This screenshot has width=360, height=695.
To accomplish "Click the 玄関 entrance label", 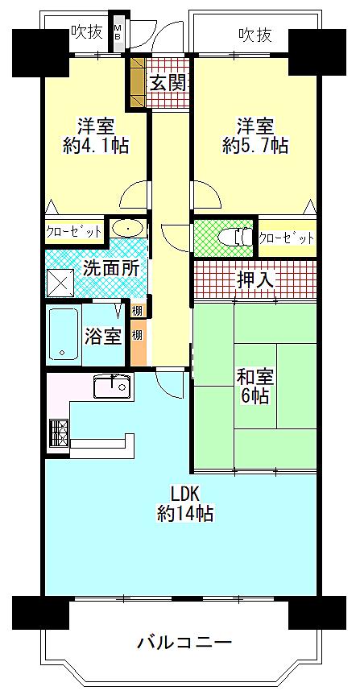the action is click(168, 83).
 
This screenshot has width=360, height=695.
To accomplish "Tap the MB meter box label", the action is click(118, 33).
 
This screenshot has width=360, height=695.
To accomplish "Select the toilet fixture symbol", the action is click(235, 238).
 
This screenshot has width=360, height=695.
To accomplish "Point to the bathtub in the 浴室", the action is click(63, 334).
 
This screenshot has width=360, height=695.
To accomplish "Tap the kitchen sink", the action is click(113, 387).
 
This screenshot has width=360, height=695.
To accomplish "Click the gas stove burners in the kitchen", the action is click(59, 434).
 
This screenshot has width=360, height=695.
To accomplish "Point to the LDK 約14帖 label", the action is click(185, 503).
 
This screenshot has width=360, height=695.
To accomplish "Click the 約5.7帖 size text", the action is click(255, 146).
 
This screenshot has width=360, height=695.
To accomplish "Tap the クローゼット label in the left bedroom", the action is click(74, 231).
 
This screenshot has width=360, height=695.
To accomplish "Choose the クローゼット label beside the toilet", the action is click(286, 238).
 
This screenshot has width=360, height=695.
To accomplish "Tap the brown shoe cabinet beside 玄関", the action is click(138, 82).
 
